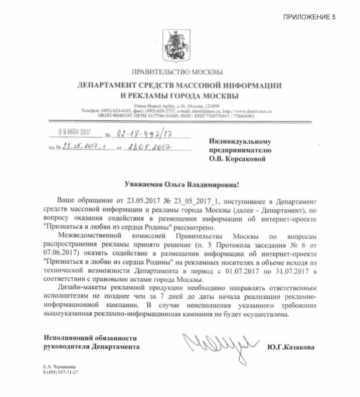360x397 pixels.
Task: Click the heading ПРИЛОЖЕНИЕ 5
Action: pos(309,17)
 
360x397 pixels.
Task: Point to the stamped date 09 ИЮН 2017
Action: pos(75,133)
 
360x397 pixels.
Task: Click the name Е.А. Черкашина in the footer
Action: pos(59,367)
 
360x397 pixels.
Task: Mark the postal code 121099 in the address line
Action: pos(211,106)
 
